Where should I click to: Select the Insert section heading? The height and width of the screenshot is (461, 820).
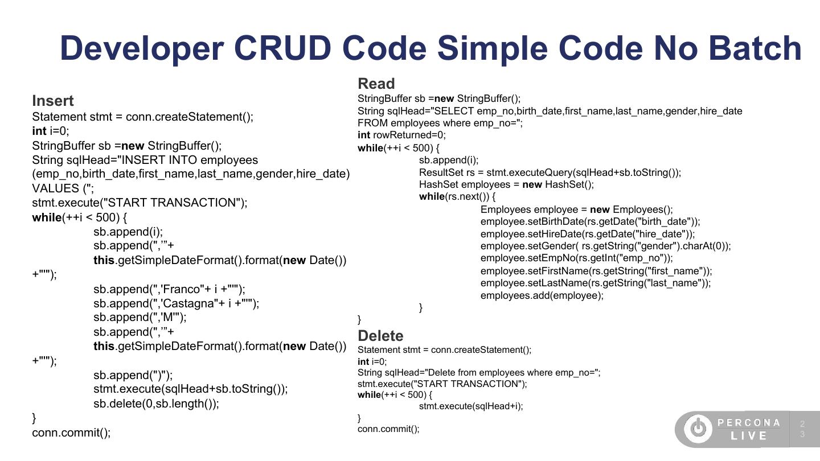(53, 101)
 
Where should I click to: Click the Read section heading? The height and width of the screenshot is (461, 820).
(376, 84)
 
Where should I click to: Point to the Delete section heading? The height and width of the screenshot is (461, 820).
(380, 336)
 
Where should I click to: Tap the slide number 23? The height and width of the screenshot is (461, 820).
(802, 429)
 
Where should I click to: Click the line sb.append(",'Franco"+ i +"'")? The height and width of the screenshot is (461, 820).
(169, 289)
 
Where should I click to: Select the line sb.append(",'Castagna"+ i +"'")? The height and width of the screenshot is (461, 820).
(176, 303)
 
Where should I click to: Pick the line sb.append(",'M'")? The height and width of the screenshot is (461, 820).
(140, 317)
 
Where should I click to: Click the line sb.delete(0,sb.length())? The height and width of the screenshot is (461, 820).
(156, 404)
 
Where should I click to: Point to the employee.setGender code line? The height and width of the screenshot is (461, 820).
(605, 246)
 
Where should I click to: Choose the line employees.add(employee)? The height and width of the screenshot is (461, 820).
(542, 295)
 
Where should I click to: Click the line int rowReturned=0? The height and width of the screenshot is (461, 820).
(401, 135)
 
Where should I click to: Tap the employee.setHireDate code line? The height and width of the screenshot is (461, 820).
(588, 234)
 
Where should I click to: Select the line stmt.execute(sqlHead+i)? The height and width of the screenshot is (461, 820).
(471, 406)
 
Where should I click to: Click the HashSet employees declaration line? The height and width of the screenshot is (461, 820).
(506, 184)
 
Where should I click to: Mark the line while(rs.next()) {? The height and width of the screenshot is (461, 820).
(457, 196)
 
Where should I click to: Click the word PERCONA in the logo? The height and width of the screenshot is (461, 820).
(749, 423)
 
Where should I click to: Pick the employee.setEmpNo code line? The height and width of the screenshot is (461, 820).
(576, 258)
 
